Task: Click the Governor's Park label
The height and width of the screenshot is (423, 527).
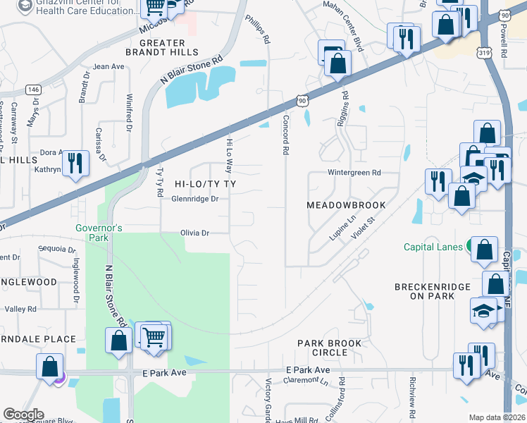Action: (x=99, y=233)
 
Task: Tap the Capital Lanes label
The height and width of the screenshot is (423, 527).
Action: (x=433, y=247)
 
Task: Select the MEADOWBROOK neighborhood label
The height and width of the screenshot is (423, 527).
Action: (x=346, y=205)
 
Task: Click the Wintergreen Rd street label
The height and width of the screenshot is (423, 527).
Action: (x=354, y=173)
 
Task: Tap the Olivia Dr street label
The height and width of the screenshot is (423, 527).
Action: (x=195, y=233)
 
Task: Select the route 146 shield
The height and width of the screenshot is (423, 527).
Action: (x=32, y=90)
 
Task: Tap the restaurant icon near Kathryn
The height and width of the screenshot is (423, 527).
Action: (x=74, y=164)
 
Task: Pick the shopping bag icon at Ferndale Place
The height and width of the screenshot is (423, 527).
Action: (x=49, y=367)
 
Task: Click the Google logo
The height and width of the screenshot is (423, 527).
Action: (x=23, y=415)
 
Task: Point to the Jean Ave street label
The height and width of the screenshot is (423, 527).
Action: (x=108, y=67)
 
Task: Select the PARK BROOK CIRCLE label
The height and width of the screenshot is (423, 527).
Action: (x=329, y=348)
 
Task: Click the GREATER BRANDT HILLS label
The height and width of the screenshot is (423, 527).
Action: (x=161, y=47)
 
